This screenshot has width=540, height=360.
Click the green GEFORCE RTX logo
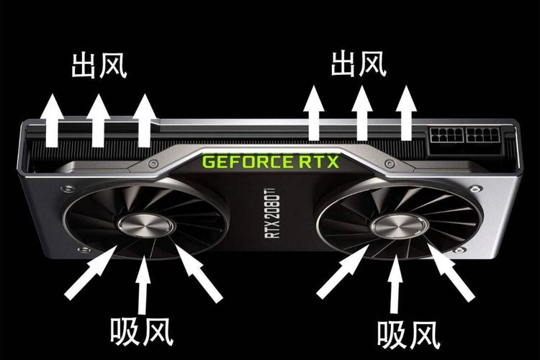270,161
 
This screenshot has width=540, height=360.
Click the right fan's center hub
400,228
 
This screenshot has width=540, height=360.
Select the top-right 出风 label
359,63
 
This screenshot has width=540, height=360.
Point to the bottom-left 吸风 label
143,332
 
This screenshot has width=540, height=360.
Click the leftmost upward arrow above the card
51,119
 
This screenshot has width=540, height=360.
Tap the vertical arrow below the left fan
144,286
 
